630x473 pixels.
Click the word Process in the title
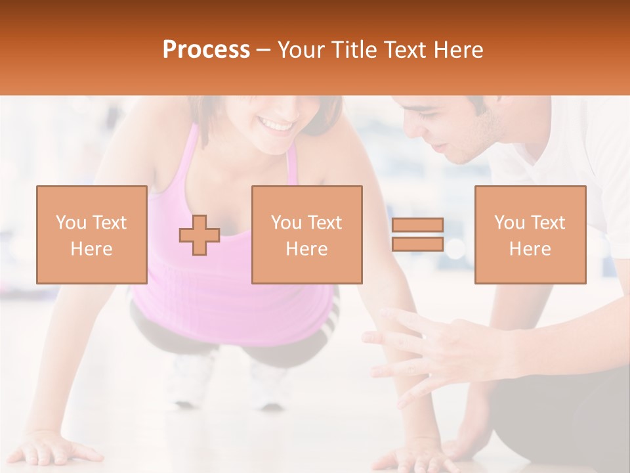[x=206, y=49]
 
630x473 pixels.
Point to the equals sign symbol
[x=417, y=235]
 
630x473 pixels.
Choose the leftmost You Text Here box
[x=91, y=235]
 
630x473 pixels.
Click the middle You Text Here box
[x=306, y=235]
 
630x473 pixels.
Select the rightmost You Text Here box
[x=530, y=235]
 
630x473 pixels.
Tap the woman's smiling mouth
[x=276, y=124]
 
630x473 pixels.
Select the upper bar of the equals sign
[x=417, y=225]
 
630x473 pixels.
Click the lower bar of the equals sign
[x=417, y=244]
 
